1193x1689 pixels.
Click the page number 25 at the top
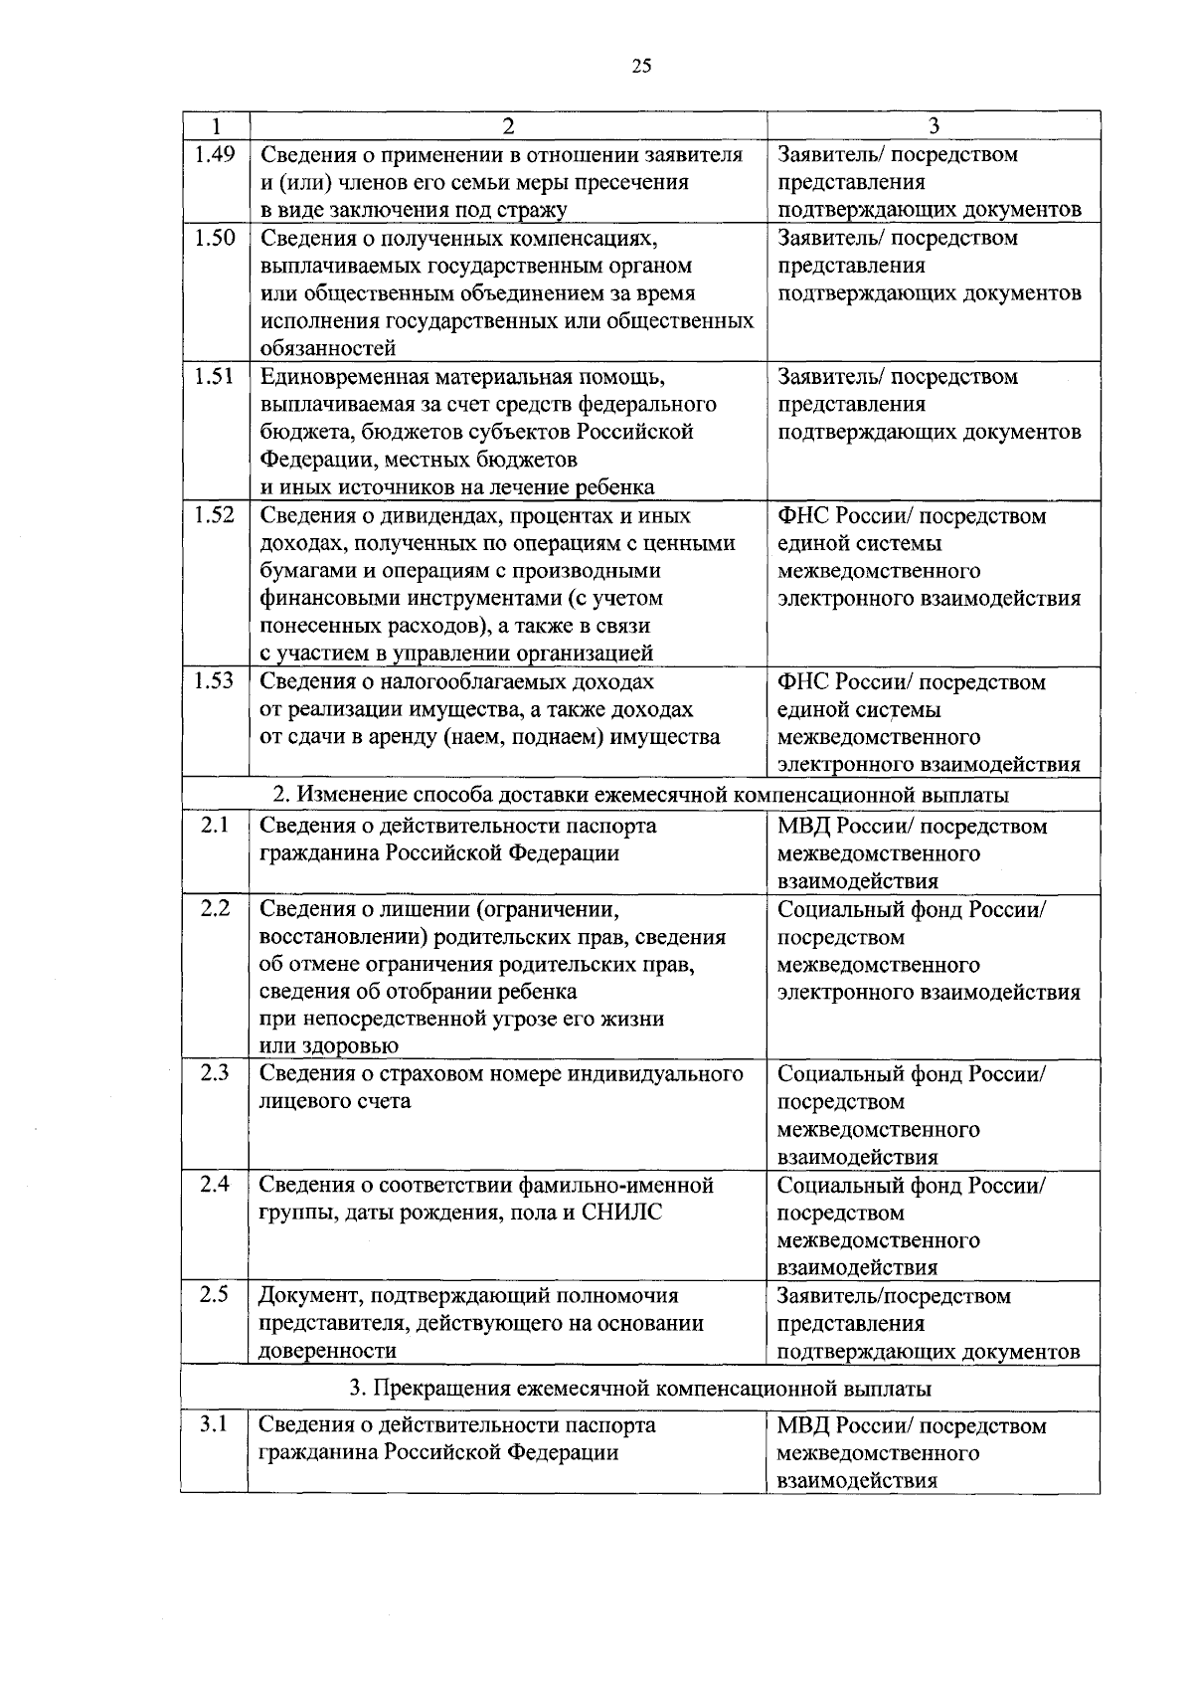click(x=641, y=67)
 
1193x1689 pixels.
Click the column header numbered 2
click(x=508, y=125)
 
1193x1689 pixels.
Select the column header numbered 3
click(x=934, y=125)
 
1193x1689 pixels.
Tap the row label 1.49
click(x=214, y=154)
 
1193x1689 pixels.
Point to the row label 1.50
click(x=214, y=238)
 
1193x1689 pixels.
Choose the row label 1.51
click(x=214, y=376)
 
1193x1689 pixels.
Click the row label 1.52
click(x=214, y=514)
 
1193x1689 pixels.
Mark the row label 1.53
click(x=214, y=680)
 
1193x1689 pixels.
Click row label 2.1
click(x=214, y=825)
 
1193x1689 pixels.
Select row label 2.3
click(x=214, y=1072)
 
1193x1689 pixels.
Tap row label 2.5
click(x=214, y=1294)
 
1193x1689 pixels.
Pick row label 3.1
click(x=214, y=1423)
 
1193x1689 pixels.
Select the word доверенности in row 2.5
click(x=327, y=1351)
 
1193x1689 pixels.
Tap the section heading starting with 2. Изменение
click(x=640, y=795)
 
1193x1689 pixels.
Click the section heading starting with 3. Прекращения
click(x=640, y=1388)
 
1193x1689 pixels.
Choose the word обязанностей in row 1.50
click(x=328, y=349)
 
